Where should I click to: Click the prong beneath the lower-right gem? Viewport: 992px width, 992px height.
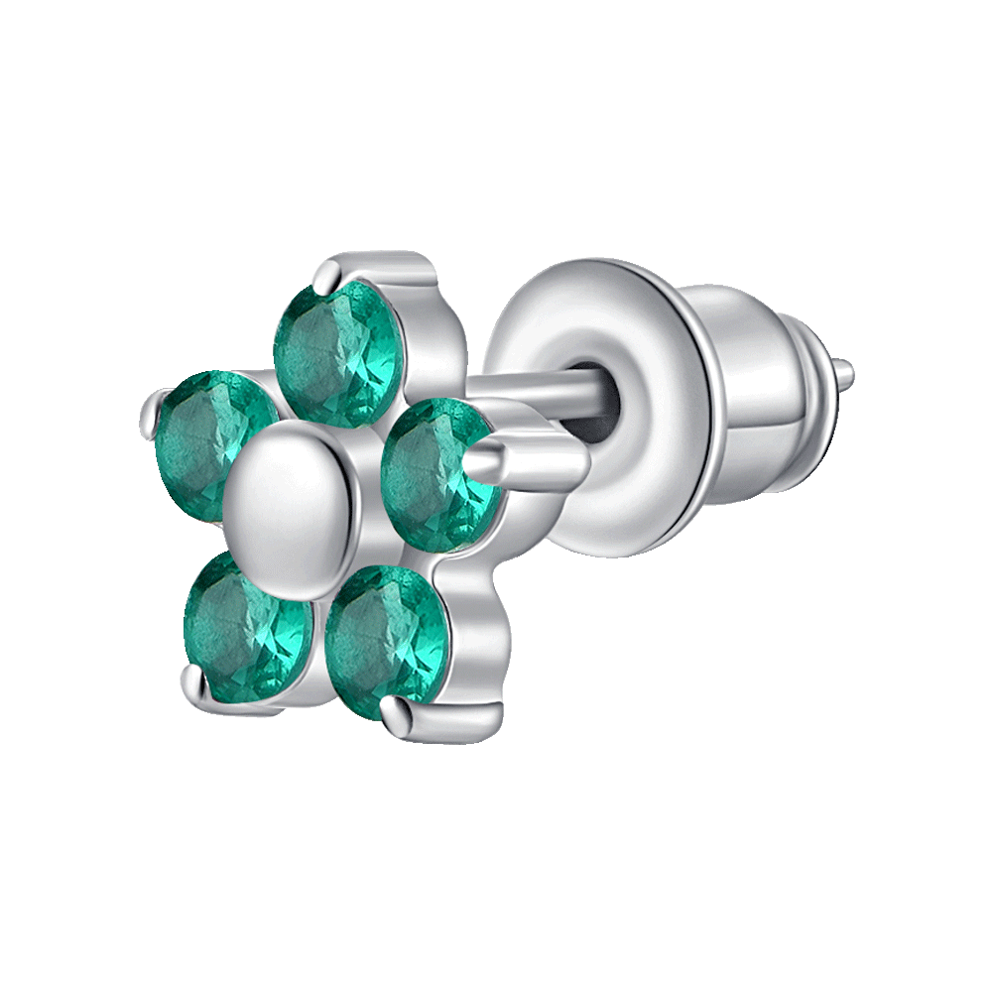397,714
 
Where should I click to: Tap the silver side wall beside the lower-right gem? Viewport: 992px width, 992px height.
466,635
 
